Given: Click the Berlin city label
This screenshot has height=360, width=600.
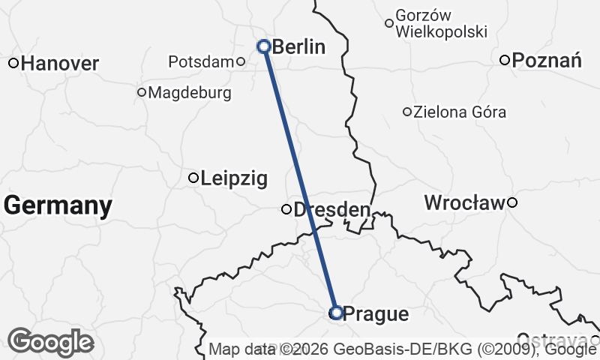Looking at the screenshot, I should point(298,47).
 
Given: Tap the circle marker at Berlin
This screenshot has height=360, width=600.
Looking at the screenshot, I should point(264,46).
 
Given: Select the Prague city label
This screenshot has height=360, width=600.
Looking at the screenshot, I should point(377,314).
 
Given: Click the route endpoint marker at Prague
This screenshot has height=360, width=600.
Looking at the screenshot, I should point(336,312).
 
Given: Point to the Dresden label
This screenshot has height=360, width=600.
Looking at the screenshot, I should point(331,210).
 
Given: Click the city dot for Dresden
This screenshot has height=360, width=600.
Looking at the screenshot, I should point(286,209).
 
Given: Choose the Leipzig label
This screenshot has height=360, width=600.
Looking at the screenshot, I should point(233,178).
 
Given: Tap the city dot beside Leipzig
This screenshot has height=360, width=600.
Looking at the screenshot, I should point(193,178).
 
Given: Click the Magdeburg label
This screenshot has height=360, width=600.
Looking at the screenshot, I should point(190,93).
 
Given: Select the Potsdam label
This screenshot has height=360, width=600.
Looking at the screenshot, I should point(201,61).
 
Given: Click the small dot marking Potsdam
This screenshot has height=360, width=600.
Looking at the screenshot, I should point(241,61).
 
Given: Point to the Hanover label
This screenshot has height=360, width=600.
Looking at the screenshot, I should point(60,64).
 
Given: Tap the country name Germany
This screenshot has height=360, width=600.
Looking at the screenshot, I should point(58,205).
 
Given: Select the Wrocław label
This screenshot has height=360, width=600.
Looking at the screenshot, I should point(465,202).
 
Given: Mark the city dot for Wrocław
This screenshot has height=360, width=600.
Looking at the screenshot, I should point(512,202).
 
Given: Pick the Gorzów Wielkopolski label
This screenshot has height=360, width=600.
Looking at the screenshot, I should point(441,24).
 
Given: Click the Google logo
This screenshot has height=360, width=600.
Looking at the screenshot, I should point(51,342).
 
